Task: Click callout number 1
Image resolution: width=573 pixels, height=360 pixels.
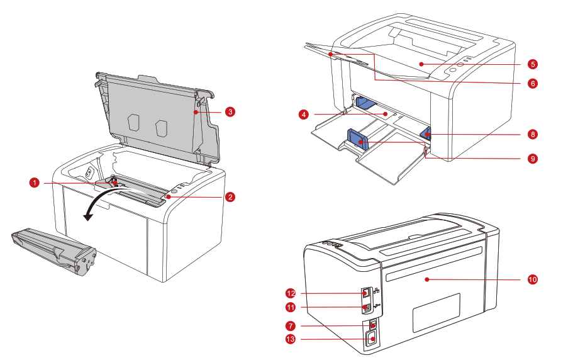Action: [35, 183]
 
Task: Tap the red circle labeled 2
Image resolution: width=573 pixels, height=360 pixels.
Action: [230, 197]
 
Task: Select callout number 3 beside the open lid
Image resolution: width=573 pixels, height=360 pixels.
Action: [230, 112]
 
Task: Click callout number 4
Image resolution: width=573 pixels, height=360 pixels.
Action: [304, 115]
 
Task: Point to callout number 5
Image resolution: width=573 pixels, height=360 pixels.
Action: [532, 64]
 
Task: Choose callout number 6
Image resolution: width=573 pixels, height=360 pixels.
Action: [532, 83]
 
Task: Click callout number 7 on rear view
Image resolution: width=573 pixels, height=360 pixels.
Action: [291, 326]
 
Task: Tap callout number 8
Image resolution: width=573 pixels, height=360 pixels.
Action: [532, 134]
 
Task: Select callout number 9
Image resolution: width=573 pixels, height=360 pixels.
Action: [532, 159]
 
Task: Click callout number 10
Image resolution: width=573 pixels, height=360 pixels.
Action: [532, 278]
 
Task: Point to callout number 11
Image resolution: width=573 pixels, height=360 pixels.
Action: [291, 308]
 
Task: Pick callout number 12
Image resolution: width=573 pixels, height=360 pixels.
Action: [291, 293]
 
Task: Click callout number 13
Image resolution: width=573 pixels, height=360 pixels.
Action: [291, 340]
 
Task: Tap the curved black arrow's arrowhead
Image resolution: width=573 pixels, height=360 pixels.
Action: [89, 217]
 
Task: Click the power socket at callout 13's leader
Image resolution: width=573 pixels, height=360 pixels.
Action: [372, 340]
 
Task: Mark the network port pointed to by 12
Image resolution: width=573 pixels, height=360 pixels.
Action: [366, 293]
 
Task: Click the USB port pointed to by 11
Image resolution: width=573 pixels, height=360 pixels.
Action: [366, 308]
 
